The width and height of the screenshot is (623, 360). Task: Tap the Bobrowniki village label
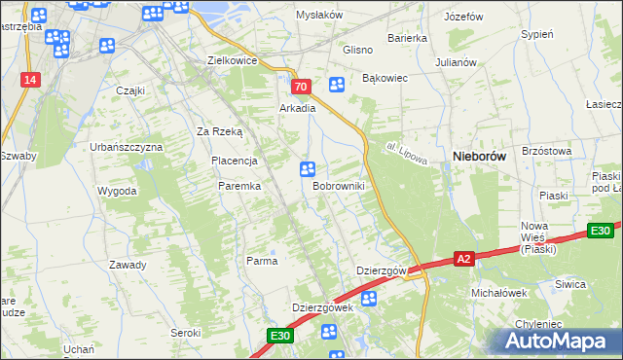coord(338,185)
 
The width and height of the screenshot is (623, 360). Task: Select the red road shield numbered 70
coord(300,87)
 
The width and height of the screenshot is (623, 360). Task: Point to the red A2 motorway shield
coord(464,259)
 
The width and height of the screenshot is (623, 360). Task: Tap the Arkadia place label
coord(298,109)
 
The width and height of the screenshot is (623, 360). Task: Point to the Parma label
coord(262,261)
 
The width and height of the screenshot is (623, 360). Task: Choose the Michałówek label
coord(498,292)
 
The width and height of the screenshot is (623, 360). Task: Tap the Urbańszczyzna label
coord(127,147)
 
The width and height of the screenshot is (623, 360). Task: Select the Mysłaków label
coord(321,15)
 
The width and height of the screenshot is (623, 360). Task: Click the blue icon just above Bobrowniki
coord(308,168)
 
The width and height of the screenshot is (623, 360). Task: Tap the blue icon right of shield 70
coord(337,85)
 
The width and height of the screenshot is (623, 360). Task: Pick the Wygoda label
coord(117,191)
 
